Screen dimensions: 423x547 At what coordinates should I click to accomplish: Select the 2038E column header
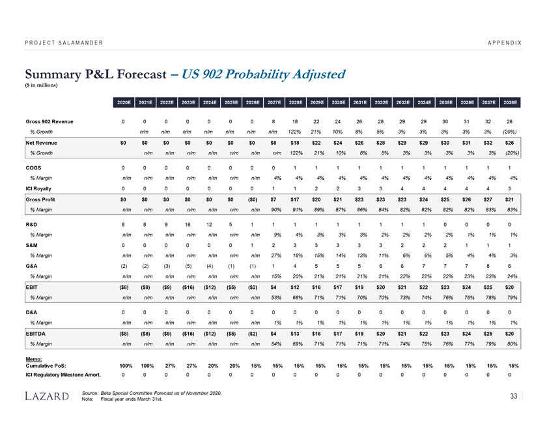click(x=511, y=102)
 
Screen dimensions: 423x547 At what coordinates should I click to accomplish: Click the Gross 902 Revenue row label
click(x=49, y=122)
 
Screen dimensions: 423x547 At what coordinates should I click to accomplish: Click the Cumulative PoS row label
click(x=48, y=364)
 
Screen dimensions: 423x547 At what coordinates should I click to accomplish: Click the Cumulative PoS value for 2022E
click(x=167, y=364)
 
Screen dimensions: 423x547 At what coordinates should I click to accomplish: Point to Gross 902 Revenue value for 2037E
click(x=492, y=122)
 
